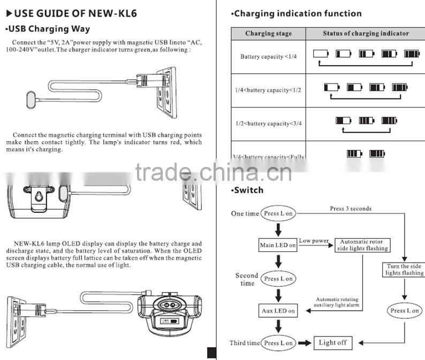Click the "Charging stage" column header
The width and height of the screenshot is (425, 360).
(x=269, y=33)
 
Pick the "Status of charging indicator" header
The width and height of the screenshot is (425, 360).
(x=366, y=33)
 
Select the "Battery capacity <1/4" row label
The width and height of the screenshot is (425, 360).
(x=268, y=56)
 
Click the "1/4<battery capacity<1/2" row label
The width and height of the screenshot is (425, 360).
(x=268, y=90)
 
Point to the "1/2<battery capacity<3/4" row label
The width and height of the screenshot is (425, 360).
(x=268, y=124)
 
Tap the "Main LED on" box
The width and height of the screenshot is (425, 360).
(x=278, y=246)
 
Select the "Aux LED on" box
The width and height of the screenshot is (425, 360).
(x=278, y=311)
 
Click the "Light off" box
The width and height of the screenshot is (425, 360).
(x=332, y=343)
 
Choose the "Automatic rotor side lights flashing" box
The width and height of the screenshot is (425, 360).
(x=362, y=246)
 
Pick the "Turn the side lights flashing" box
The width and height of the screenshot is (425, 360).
(x=404, y=270)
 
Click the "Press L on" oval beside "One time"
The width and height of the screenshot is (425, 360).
(x=278, y=213)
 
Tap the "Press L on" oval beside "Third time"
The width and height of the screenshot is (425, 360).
(x=278, y=343)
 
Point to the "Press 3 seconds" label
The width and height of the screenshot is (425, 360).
(x=351, y=209)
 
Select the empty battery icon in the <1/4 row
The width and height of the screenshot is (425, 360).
(x=320, y=53)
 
